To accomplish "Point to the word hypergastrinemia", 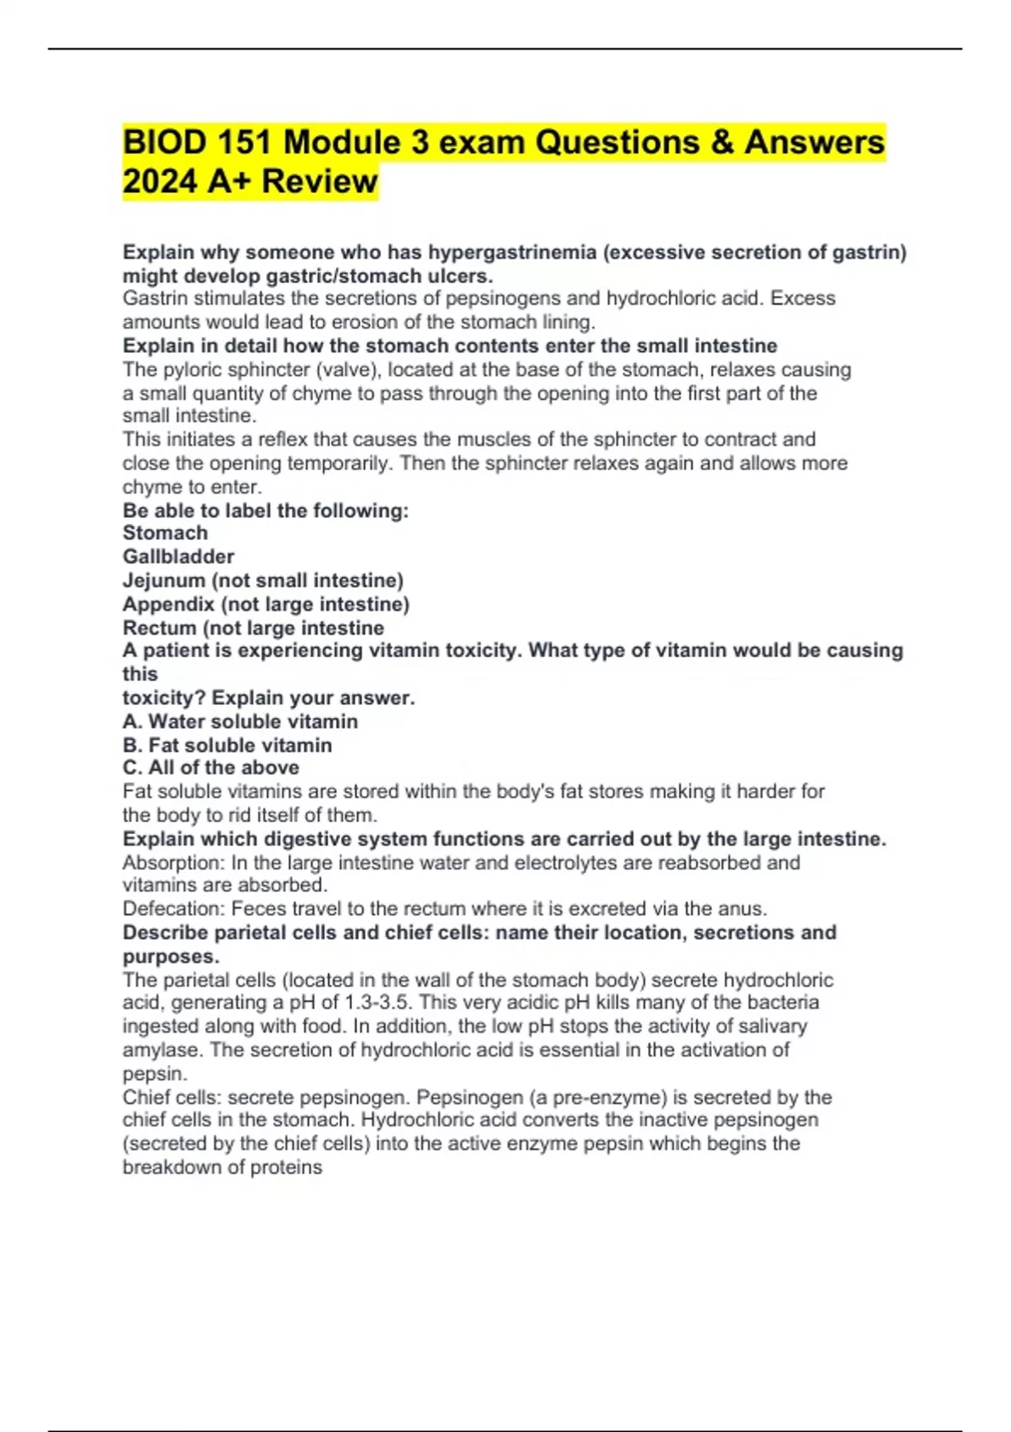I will pyautogui.click(x=512, y=252).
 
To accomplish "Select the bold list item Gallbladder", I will pyautogui.click(x=179, y=557).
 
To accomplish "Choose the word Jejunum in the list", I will pyautogui.click(x=163, y=580).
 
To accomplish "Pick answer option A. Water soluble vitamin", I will pyautogui.click(x=240, y=721).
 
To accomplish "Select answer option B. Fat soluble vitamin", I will pyautogui.click(x=227, y=745).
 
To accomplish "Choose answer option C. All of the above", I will pyautogui.click(x=211, y=767).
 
